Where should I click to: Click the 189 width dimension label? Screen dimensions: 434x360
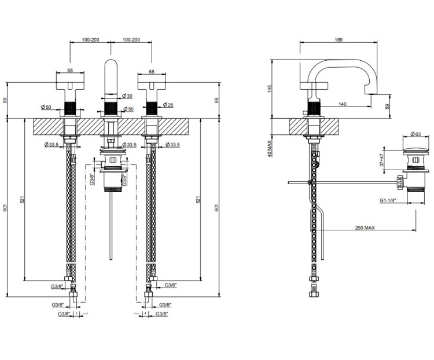pos(339,39)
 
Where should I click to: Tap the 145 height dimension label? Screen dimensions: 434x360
pos(270,89)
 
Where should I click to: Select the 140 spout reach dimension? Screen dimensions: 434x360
pos(343,104)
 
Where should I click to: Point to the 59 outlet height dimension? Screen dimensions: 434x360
pos(387,106)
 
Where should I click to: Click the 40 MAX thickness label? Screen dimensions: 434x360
pos(270,148)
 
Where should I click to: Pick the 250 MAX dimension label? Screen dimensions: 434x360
pos(365,227)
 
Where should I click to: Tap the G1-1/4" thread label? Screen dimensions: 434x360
pos(388,200)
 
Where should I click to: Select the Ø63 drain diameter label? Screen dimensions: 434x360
pos(415,134)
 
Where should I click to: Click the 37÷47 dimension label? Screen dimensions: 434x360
pos(382,160)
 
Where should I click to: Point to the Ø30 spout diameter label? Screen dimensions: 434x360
pos(127,96)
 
